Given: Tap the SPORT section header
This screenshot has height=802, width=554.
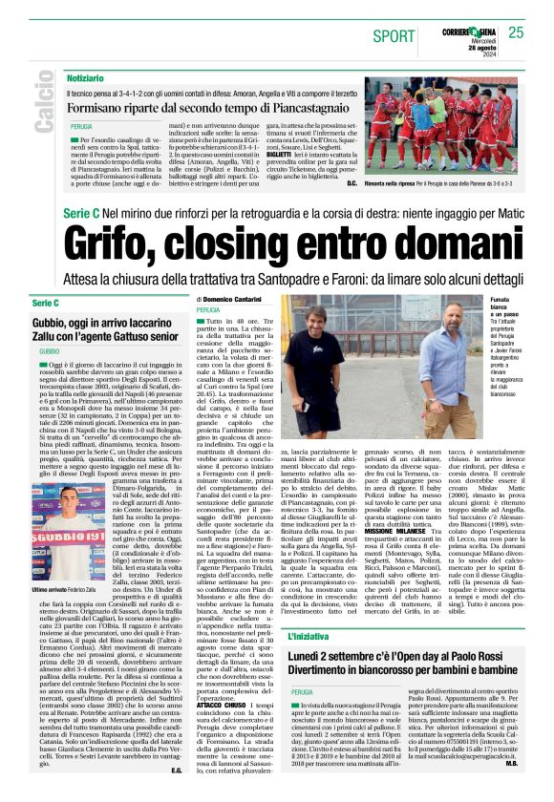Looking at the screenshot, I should click(394, 36).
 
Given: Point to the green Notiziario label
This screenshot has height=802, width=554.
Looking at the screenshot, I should click(86, 76).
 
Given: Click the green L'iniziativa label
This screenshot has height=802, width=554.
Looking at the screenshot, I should click(309, 631).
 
